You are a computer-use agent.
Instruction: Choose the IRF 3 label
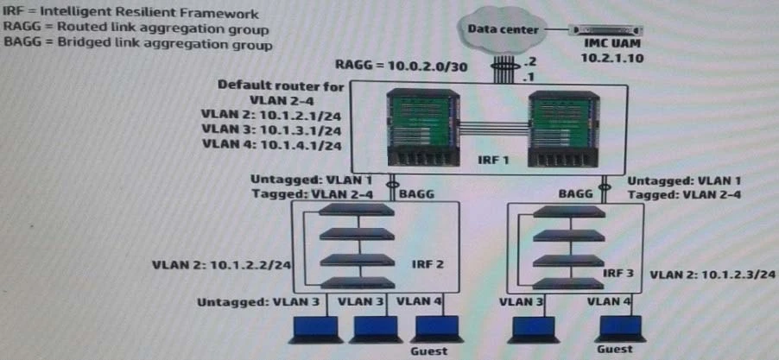click(x=619, y=272)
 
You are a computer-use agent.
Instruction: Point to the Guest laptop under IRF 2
click(x=429, y=329)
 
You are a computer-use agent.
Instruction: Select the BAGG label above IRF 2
click(x=416, y=194)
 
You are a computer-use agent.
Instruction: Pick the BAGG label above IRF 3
click(x=576, y=194)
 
